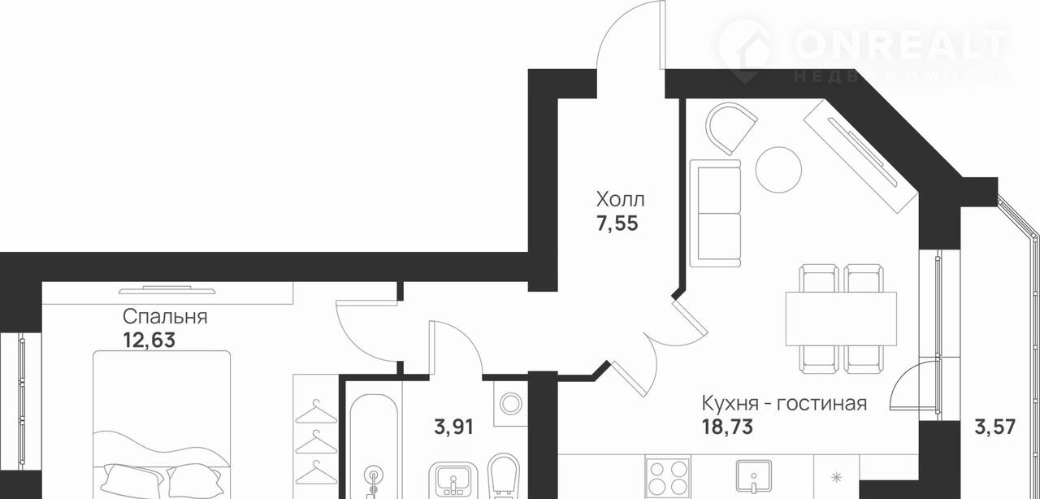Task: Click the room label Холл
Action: click(x=620, y=200)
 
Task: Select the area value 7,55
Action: click(x=617, y=224)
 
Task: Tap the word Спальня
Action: click(x=165, y=317)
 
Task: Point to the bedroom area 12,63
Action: click(x=149, y=340)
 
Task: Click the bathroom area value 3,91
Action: click(x=453, y=427)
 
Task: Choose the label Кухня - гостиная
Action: click(x=784, y=403)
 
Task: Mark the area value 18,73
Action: click(x=727, y=427)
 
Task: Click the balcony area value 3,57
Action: click(x=995, y=427)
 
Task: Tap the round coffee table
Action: click(x=778, y=170)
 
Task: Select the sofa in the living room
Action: click(x=715, y=213)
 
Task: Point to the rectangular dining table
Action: click(x=841, y=319)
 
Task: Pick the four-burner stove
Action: click(x=668, y=477)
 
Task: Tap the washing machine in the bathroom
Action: click(x=511, y=403)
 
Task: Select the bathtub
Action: click(x=374, y=447)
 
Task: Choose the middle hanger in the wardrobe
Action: click(x=316, y=442)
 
